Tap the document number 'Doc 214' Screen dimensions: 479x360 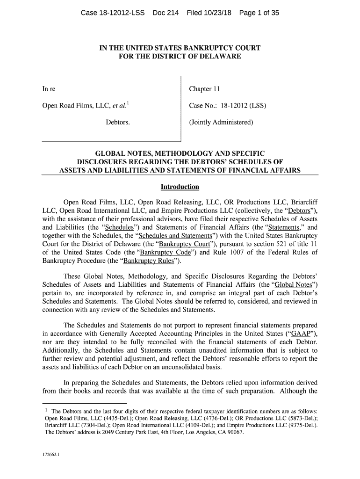[x=166, y=14]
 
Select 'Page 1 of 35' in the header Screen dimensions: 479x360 [x=259, y=14]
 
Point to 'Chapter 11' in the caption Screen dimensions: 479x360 [x=204, y=89]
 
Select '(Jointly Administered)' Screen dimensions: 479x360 [x=221, y=123]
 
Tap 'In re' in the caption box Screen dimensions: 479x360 [x=49, y=89]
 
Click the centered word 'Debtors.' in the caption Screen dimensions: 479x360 [x=117, y=123]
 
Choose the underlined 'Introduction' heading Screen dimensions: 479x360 [x=180, y=187]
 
